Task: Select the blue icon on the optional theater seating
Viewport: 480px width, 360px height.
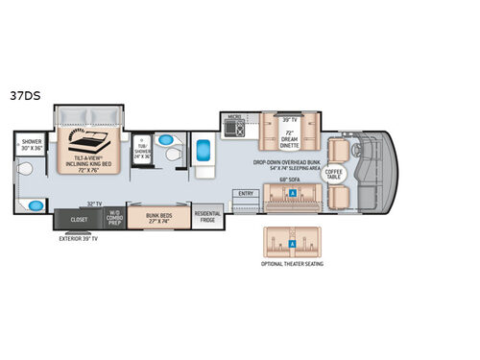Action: [x=291, y=243]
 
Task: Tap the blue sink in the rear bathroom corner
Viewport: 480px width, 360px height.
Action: [x=36, y=204]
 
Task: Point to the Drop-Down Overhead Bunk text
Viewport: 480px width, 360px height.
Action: [x=287, y=164]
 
